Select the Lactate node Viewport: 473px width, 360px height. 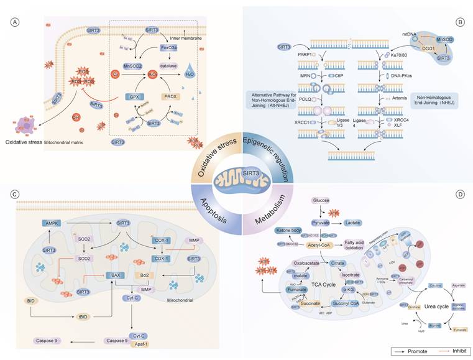point(354,222)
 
